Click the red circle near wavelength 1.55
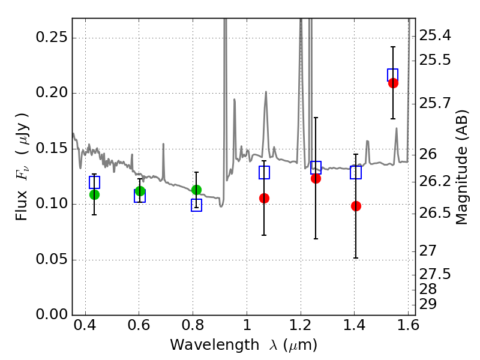pyautogui.click(x=393, y=83)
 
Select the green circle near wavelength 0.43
pyautogui.click(x=94, y=194)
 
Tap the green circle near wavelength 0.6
pyautogui.click(x=140, y=191)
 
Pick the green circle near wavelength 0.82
pyautogui.click(x=196, y=190)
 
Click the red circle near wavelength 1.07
pyautogui.click(x=264, y=199)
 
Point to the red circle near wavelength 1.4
pyautogui.click(x=356, y=206)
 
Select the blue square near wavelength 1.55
pyautogui.click(x=393, y=75)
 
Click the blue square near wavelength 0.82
pyautogui.click(x=197, y=205)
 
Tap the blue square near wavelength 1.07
pyautogui.click(x=264, y=172)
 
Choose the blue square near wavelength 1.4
pyautogui.click(x=356, y=172)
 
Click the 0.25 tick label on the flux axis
pyautogui.click(x=52, y=37)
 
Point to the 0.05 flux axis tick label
pyautogui.click(x=52, y=259)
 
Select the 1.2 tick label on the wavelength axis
pyautogui.click(x=301, y=325)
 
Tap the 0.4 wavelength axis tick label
pyautogui.click(x=85, y=325)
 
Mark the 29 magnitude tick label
pyautogui.click(x=428, y=304)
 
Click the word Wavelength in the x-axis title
pyautogui.click(x=215, y=345)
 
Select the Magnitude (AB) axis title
pyautogui.click(x=462, y=167)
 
